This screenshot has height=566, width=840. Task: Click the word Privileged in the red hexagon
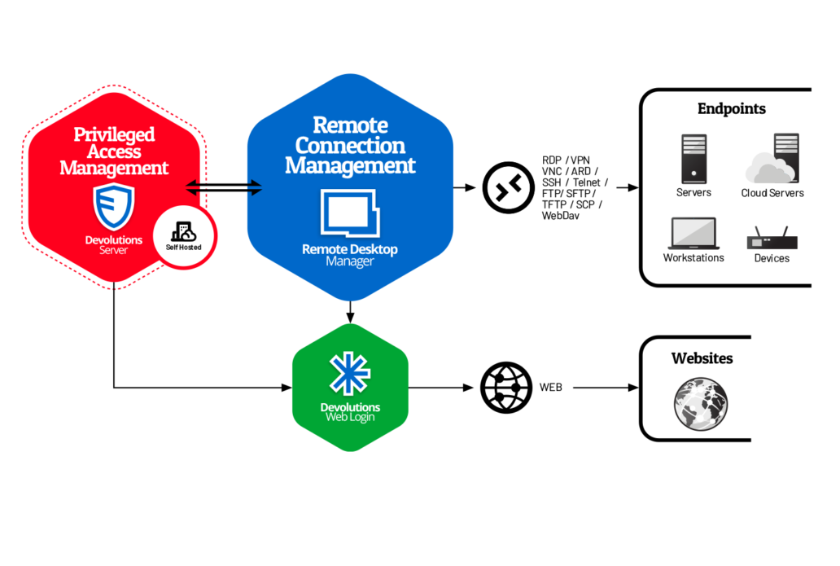[114, 134]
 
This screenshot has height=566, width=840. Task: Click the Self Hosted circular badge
[184, 235]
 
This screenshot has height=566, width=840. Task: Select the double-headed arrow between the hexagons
[224, 188]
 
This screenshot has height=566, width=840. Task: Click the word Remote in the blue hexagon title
[350, 125]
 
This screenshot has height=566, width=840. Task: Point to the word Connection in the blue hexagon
[350, 146]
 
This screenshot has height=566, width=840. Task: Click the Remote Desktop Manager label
[350, 255]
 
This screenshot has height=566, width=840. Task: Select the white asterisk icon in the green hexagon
[350, 373]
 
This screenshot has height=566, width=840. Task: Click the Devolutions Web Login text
[350, 412]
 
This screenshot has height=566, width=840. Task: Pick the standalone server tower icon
[693, 159]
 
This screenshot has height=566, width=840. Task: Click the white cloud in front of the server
[767, 170]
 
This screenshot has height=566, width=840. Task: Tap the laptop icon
[693, 233]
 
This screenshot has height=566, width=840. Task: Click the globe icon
[700, 403]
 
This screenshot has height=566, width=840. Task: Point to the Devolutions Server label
[114, 244]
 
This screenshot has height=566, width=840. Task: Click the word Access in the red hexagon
[114, 151]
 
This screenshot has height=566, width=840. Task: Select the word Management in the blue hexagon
[350, 166]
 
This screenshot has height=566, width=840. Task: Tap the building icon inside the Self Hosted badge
[184, 230]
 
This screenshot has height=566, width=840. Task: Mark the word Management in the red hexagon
[114, 169]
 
